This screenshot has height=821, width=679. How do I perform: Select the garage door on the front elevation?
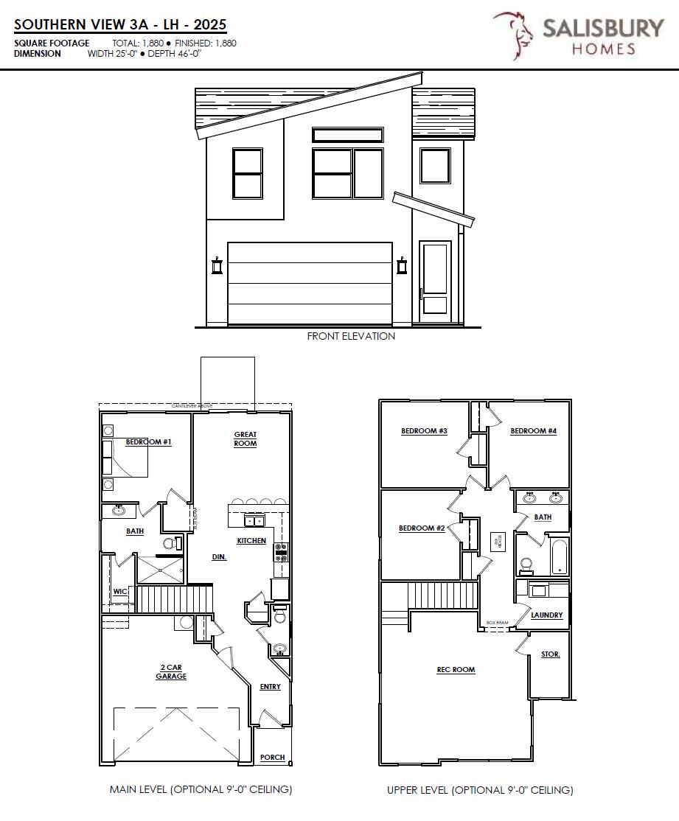pyautogui.click(x=309, y=284)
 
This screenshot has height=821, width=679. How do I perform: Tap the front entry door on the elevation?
pyautogui.click(x=435, y=282)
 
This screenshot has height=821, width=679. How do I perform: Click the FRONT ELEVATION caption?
pyautogui.click(x=351, y=336)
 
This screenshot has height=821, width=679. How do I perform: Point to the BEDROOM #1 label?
pyautogui.click(x=148, y=442)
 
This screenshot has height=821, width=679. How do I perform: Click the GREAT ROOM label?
pyautogui.click(x=246, y=439)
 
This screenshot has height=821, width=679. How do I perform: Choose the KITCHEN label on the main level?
pyautogui.click(x=251, y=541)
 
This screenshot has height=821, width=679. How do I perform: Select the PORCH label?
pyautogui.click(x=273, y=758)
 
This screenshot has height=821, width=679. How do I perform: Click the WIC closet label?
pyautogui.click(x=120, y=591)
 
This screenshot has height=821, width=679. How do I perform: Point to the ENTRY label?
pyautogui.click(x=270, y=687)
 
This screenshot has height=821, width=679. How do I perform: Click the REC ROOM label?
pyautogui.click(x=456, y=670)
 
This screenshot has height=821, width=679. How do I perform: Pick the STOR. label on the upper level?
pyautogui.click(x=550, y=654)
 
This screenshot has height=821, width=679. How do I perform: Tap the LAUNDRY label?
pyautogui.click(x=546, y=615)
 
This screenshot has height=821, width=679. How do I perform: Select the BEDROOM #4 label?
pyautogui.click(x=533, y=431)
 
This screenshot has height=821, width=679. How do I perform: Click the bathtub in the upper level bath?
pyautogui.click(x=558, y=558)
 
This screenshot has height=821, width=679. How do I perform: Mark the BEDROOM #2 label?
pyautogui.click(x=422, y=528)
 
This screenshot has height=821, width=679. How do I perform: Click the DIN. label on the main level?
pyautogui.click(x=219, y=557)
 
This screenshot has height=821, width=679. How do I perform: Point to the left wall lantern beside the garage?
pyautogui.click(x=217, y=265)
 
